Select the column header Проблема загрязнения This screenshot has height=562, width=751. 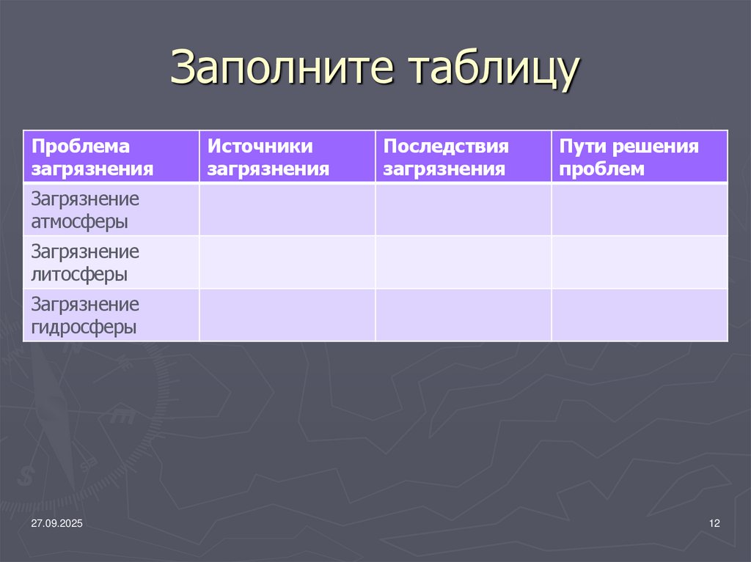92,158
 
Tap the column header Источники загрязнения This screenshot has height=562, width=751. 268,158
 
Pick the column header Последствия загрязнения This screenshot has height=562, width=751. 446,158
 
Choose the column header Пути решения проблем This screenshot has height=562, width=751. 629,158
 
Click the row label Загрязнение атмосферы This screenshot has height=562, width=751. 85,210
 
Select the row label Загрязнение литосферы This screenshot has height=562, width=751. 85,262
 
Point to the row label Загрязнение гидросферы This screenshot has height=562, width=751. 85,315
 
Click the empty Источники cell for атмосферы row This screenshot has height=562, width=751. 287,210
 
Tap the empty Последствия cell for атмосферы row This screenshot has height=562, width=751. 464,210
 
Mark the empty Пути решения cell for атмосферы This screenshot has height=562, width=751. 640,210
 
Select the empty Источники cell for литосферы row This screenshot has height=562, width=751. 287,262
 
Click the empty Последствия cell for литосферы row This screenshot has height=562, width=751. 464,262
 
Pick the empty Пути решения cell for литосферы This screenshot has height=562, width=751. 640,262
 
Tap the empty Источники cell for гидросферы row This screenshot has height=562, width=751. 287,315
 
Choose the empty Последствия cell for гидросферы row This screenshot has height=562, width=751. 464,315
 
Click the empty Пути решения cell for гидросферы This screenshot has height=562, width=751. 640,315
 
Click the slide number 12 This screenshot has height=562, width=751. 715,523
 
